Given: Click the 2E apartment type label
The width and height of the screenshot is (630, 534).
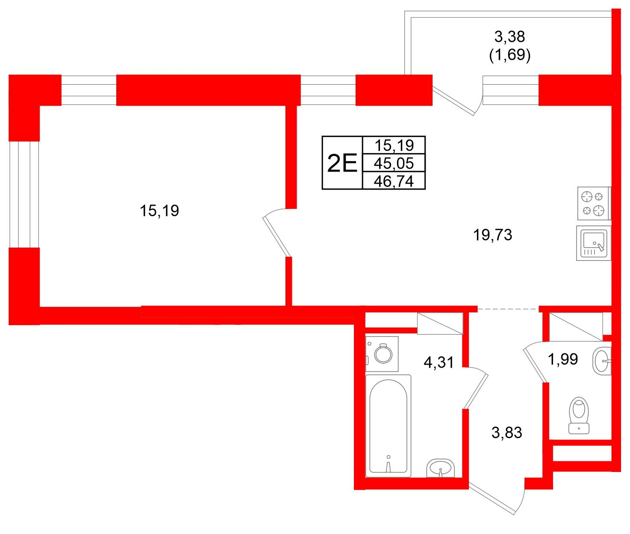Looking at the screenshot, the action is pyautogui.click(x=341, y=163).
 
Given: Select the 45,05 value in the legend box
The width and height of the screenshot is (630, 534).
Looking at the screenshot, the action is pyautogui.click(x=394, y=163).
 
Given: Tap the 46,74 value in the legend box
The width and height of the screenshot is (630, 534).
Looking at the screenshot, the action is pyautogui.click(x=394, y=181).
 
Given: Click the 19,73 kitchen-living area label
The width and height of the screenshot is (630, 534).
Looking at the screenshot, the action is pyautogui.click(x=492, y=235).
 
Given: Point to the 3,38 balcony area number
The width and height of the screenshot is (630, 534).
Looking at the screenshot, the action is pyautogui.click(x=509, y=37).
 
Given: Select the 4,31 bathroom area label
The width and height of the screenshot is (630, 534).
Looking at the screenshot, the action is pyautogui.click(x=439, y=362).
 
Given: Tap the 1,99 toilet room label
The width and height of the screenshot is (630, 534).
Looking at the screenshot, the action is pyautogui.click(x=562, y=359).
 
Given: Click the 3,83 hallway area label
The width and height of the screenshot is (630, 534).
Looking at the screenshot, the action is pyautogui.click(x=507, y=433).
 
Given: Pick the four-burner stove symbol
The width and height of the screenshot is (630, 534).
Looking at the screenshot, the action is pyautogui.click(x=594, y=204).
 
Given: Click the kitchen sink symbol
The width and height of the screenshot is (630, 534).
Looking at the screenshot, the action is pyautogui.click(x=593, y=243).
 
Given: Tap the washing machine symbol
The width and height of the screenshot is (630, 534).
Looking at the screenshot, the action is pyautogui.click(x=382, y=354).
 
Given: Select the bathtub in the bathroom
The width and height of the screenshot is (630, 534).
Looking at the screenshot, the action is pyautogui.click(x=388, y=426).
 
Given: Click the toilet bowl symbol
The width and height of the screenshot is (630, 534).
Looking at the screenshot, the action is pyautogui.click(x=579, y=415).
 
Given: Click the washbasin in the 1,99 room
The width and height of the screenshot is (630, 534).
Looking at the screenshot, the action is pyautogui.click(x=602, y=361).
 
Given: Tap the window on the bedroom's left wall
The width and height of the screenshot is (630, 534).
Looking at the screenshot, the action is pyautogui.click(x=24, y=194).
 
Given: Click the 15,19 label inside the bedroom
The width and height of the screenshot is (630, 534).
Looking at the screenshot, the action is pyautogui.click(x=159, y=211).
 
